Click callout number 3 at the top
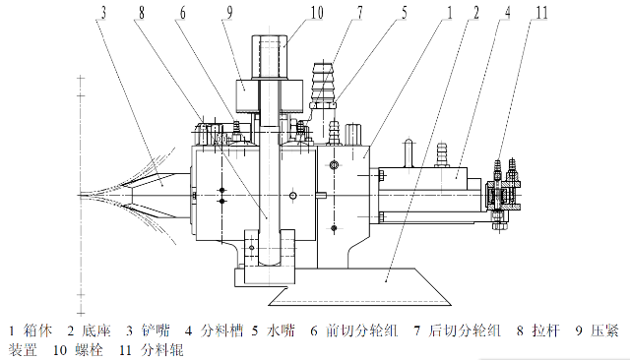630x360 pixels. click(103, 13)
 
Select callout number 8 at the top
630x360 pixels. click(142, 13)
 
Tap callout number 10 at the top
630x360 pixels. click(317, 13)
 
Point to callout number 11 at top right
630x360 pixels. click(541, 13)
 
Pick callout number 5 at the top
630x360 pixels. click(404, 13)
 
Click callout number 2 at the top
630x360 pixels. click(475, 13)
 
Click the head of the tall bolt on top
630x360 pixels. click(269, 57)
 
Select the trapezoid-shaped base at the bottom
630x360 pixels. click(360, 286)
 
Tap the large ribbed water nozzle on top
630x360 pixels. click(323, 82)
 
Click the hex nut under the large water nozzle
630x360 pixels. click(322, 104)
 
